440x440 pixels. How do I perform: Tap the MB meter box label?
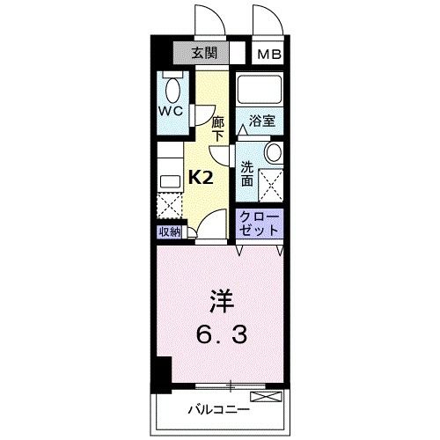(268, 54)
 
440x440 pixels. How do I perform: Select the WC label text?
(171, 111)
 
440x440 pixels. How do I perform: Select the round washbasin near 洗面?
(273, 152)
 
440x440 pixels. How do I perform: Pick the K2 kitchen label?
(202, 178)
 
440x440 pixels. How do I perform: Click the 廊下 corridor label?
(218, 127)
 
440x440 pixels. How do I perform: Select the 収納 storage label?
(170, 231)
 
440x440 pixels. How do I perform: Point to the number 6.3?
(220, 335)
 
